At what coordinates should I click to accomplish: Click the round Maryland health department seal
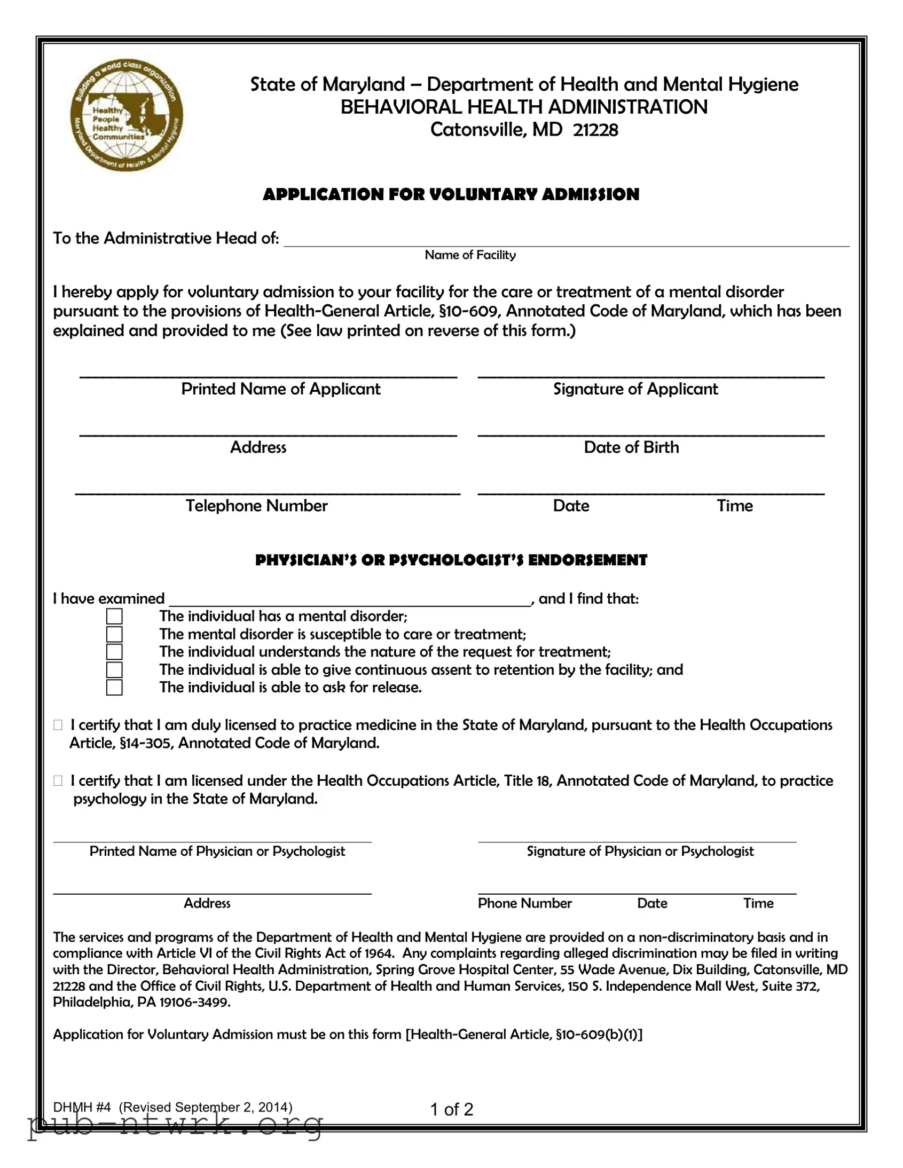pyautogui.click(x=127, y=115)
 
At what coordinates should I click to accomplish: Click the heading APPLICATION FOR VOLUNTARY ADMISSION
pyautogui.click(x=451, y=194)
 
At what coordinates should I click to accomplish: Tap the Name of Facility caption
pyautogui.click(x=470, y=255)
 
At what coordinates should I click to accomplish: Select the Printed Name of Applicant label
pyautogui.click(x=281, y=389)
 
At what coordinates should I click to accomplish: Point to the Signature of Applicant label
pyautogui.click(x=635, y=389)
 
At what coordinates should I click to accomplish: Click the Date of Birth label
pyautogui.click(x=631, y=447)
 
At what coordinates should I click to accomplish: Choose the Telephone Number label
pyautogui.click(x=257, y=506)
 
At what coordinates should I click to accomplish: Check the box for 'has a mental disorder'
pyautogui.click(x=114, y=617)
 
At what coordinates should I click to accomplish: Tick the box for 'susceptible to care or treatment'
pyautogui.click(x=114, y=634)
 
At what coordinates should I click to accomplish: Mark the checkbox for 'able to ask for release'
pyautogui.click(x=114, y=687)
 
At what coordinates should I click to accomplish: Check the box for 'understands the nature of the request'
pyautogui.click(x=114, y=652)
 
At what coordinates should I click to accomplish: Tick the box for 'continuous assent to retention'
pyautogui.click(x=114, y=669)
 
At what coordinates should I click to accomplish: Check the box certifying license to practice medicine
pyautogui.click(x=58, y=725)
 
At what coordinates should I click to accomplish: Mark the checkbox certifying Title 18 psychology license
pyautogui.click(x=58, y=781)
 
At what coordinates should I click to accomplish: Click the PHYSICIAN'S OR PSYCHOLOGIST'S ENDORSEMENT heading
pyautogui.click(x=451, y=560)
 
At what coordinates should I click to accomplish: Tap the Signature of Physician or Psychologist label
pyautogui.click(x=640, y=851)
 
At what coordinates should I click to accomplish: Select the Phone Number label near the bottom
pyautogui.click(x=524, y=903)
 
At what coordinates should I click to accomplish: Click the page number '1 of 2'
pyautogui.click(x=452, y=1110)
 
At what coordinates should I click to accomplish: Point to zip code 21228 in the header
pyautogui.click(x=595, y=130)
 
